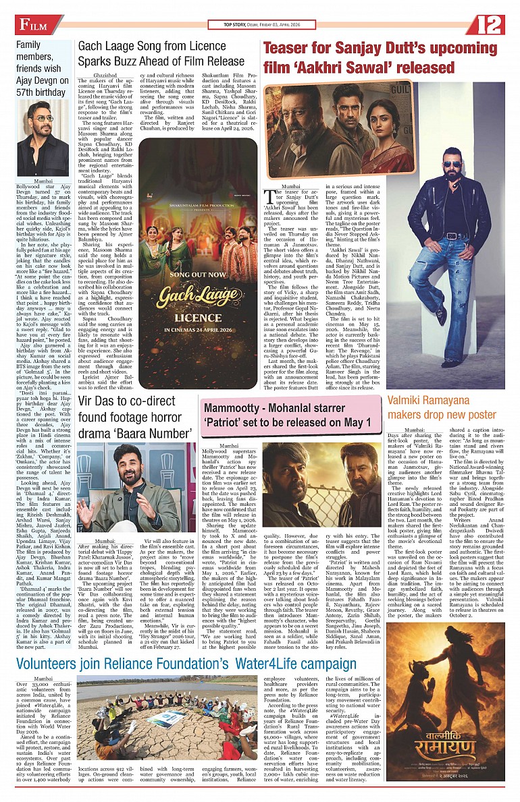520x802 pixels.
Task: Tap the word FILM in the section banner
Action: coord(33,26)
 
